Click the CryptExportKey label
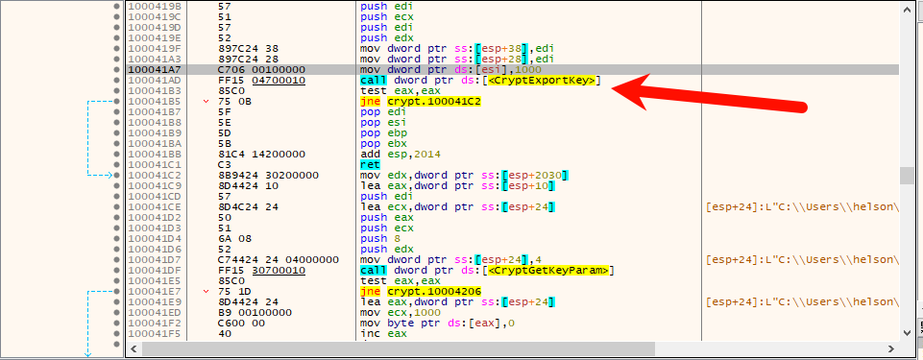[541, 80]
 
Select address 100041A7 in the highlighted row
[151, 69]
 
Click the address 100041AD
[151, 80]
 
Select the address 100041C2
[151, 175]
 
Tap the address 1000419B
[151, 6]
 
